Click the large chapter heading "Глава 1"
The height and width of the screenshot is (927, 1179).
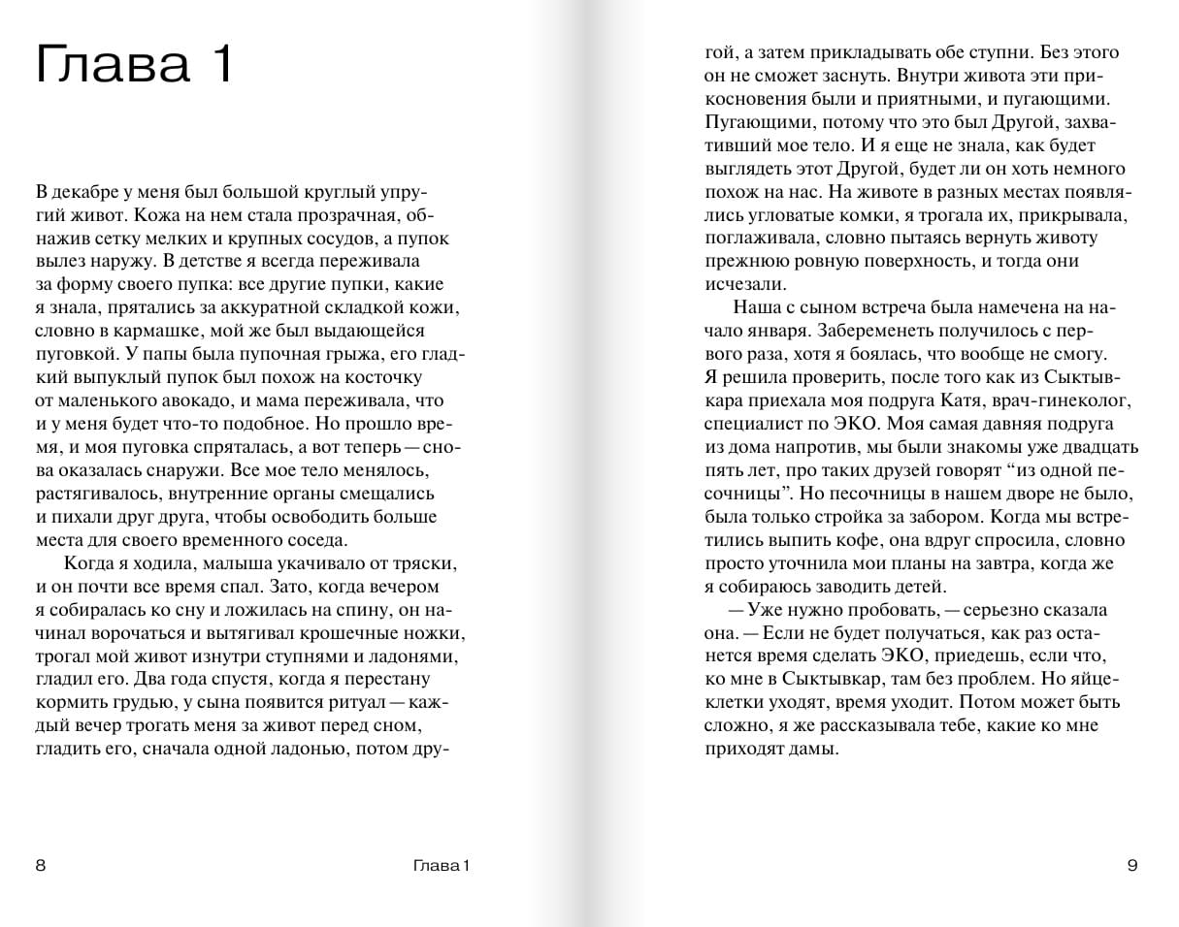tap(134, 66)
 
